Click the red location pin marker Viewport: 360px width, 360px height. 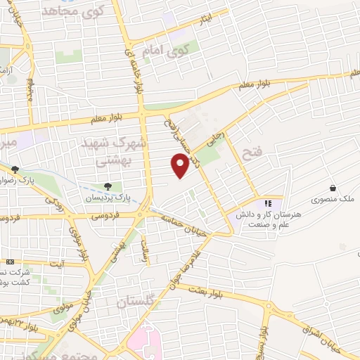[180, 166]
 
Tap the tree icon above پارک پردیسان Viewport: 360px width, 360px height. [108, 186]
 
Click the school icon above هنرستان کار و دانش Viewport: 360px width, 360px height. [267, 204]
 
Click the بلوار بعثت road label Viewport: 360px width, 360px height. [204, 289]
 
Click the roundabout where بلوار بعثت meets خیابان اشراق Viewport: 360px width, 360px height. [268, 305]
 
